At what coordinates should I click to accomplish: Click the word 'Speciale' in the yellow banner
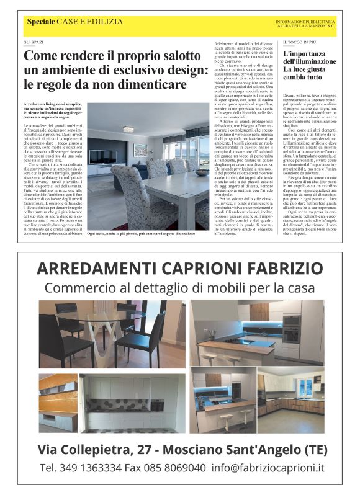pos(40,22)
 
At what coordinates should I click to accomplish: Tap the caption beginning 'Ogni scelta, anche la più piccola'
pos(141,233)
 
